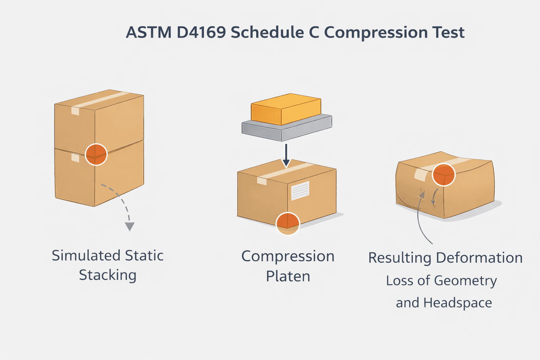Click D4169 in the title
pyautogui.click(x=201, y=32)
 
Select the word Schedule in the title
pyautogui.click(x=267, y=32)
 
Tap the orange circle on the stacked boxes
pyautogui.click(x=96, y=154)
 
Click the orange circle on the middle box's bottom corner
pyautogui.click(x=288, y=223)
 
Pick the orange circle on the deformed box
pyautogui.click(x=444, y=175)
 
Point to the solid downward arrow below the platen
pyautogui.click(x=286, y=155)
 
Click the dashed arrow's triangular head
pyautogui.click(x=130, y=226)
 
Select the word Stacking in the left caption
pyautogui.click(x=108, y=275)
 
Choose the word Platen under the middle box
pyautogui.click(x=288, y=276)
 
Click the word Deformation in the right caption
pyautogui.click(x=479, y=258)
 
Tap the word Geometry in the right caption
pyautogui.click(x=465, y=281)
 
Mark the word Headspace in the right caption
pyautogui.click(x=457, y=303)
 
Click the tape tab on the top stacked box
pyautogui.click(x=75, y=111)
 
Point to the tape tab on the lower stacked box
pyautogui.click(x=75, y=158)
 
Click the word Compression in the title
pyautogui.click(x=375, y=32)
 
